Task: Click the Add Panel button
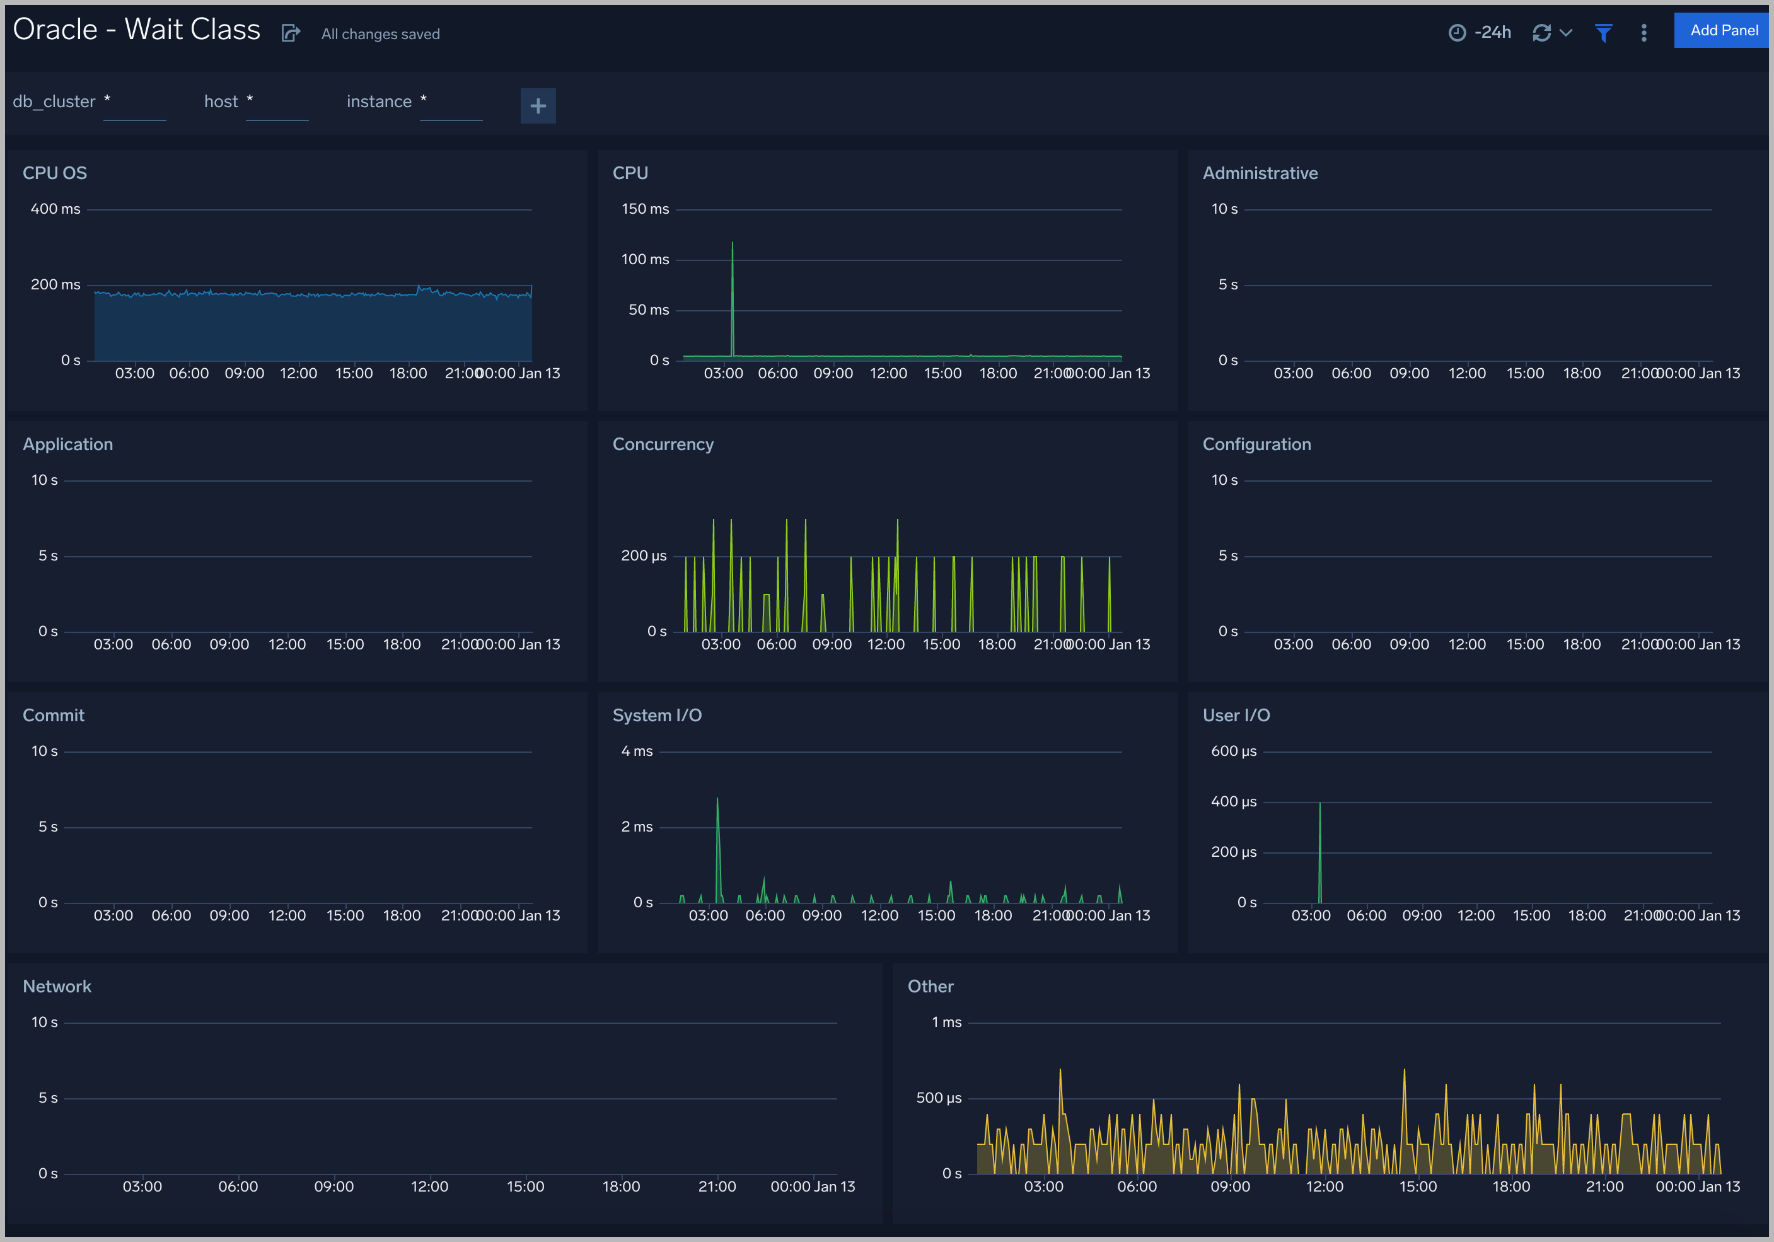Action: [x=1723, y=31]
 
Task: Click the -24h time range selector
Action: [x=1480, y=32]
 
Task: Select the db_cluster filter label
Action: [x=54, y=102]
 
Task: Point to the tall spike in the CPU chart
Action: [x=733, y=244]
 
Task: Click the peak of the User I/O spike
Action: [x=1319, y=804]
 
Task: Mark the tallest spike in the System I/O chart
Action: [x=717, y=800]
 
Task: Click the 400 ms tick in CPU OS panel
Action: [x=55, y=209]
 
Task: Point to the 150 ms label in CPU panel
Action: [x=645, y=209]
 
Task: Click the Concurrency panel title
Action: [x=663, y=444]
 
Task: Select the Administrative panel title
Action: [x=1260, y=173]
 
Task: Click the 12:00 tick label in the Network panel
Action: [x=429, y=1187]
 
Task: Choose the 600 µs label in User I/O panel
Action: [x=1233, y=752]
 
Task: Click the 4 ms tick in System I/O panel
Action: [x=637, y=752]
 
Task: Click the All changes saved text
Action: [x=380, y=34]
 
